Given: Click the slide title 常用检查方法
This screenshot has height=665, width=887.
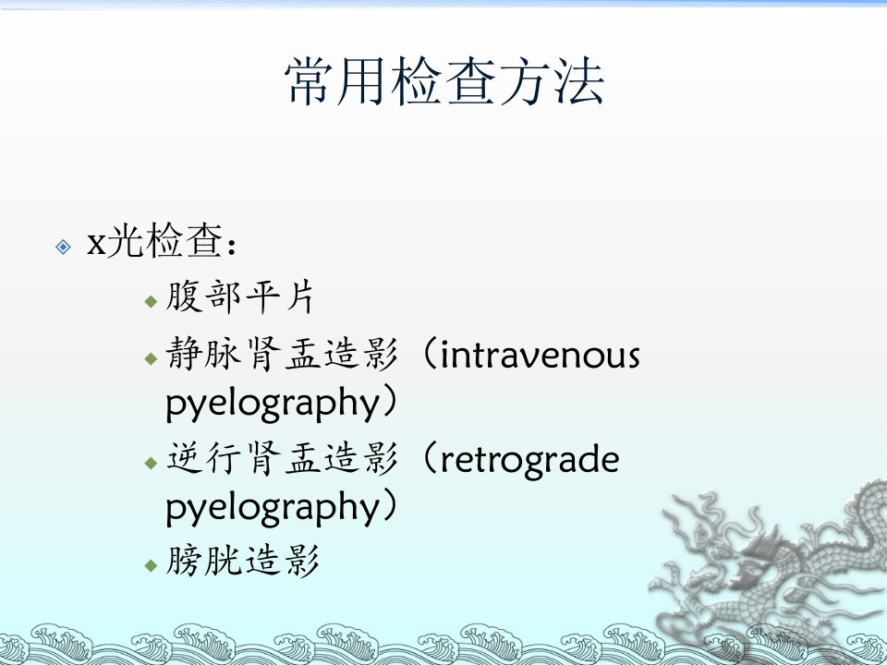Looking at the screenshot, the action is [x=444, y=81].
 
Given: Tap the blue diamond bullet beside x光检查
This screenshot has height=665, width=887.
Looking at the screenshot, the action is [x=64, y=247].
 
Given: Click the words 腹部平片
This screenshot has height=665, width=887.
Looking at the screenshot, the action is [x=240, y=296].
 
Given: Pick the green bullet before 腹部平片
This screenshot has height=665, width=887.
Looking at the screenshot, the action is [x=151, y=301].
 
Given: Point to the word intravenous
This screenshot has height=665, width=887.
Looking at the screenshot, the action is [x=540, y=356].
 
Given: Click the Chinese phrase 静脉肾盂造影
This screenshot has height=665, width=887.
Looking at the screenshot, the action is [x=282, y=354].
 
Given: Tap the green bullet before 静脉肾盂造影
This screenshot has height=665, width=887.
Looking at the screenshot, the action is [x=151, y=358].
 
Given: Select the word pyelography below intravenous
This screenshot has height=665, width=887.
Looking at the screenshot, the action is [x=273, y=405].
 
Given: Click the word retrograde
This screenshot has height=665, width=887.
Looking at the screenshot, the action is [x=529, y=459].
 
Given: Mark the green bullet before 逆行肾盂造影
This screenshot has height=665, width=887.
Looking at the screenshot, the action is [x=151, y=463].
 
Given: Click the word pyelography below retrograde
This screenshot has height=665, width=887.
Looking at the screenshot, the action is [x=273, y=508].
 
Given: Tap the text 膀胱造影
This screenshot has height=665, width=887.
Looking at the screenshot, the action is [x=242, y=561].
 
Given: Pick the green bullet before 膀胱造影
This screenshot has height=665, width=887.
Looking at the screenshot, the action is [x=151, y=565].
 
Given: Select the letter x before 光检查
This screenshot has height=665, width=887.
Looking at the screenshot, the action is [x=96, y=244].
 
